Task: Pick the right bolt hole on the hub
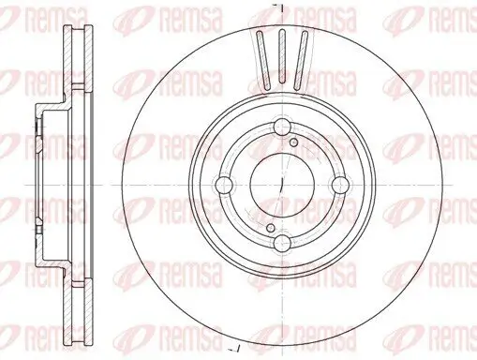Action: (338, 187)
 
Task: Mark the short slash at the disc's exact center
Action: (281, 187)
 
